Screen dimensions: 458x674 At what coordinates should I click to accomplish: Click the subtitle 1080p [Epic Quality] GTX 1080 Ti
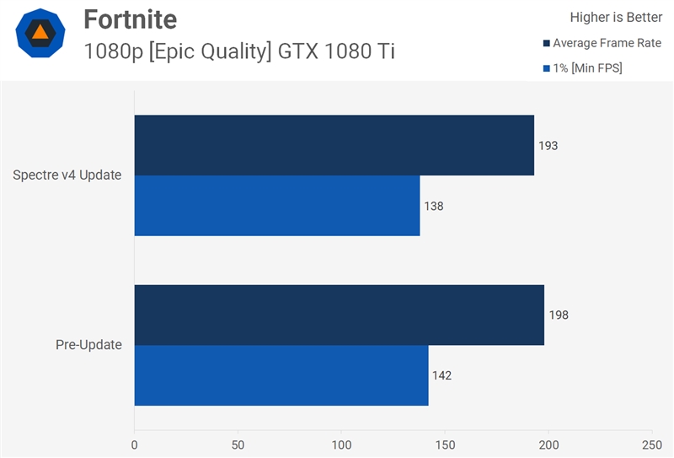coord(239,51)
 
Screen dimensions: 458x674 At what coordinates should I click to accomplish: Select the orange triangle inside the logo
coord(40,33)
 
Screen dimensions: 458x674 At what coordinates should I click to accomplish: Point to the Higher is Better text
coord(616,17)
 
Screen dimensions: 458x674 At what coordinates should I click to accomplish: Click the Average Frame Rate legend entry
coord(607,43)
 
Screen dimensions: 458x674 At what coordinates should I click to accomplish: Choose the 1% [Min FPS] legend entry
coord(587,68)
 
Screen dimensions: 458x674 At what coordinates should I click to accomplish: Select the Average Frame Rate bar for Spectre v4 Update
coord(334,145)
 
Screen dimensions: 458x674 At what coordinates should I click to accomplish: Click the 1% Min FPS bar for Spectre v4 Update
coord(276,205)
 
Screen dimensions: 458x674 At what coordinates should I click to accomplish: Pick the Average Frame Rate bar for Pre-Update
coord(339,315)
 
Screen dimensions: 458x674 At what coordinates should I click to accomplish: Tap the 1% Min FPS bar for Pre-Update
coord(281,375)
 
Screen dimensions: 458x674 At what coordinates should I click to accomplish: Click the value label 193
coord(548,146)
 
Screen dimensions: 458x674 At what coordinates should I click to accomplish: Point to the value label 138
coord(434,206)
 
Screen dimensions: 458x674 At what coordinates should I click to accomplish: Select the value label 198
coord(559,315)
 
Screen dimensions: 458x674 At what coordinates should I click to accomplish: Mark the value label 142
coord(442,375)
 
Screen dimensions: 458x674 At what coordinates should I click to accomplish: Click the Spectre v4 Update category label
coord(67,175)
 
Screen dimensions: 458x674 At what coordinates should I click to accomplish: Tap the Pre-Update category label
coord(88,345)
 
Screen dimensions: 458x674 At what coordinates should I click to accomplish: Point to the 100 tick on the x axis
coord(341,444)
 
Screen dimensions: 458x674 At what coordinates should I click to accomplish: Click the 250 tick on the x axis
coord(651,444)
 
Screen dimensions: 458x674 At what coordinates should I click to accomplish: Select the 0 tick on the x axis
coord(135,444)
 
